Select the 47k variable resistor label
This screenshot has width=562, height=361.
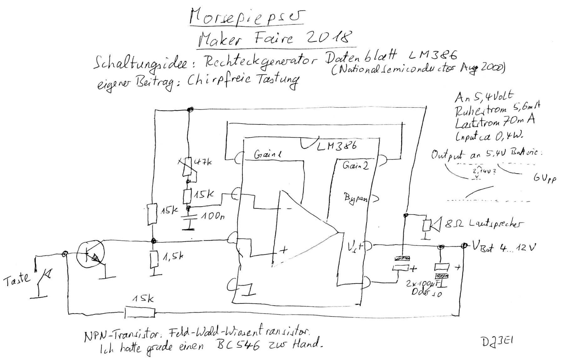pos(202,163)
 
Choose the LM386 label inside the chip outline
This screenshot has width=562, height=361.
pos(337,146)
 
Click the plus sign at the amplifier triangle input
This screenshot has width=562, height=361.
pos(284,250)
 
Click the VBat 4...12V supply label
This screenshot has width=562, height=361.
pos(504,247)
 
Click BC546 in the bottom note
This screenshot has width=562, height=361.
pos(238,345)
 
